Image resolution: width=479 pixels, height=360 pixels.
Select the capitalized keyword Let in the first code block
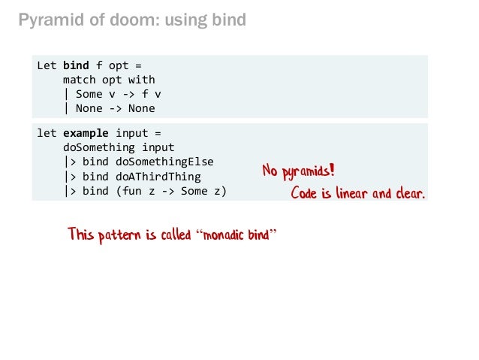point(47,65)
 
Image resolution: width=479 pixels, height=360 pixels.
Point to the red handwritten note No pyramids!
point(298,172)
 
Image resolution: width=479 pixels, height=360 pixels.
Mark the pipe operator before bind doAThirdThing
point(69,177)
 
